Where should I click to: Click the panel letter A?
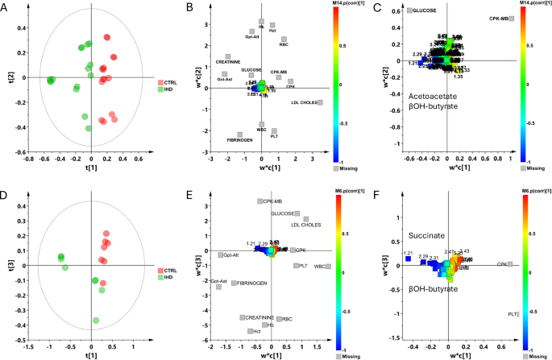(7, 8)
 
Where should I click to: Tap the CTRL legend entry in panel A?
(168, 82)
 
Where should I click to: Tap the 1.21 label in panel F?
(408, 253)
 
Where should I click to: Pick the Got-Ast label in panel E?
(218, 281)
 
